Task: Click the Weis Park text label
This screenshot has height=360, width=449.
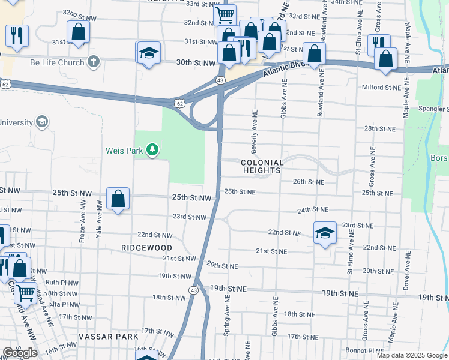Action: tap(124, 151)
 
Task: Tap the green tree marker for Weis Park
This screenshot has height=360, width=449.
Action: tap(153, 149)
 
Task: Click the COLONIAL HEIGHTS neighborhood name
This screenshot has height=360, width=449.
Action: tap(262, 167)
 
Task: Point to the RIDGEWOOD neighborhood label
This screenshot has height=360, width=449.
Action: tap(146, 248)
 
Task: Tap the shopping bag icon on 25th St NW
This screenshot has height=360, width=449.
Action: tap(118, 199)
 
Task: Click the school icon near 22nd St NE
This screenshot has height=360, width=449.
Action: tap(325, 233)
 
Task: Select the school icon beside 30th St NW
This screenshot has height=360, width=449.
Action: tap(148, 53)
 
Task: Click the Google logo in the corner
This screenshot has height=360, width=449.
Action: tap(20, 353)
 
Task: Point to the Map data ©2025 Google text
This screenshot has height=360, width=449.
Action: tap(412, 355)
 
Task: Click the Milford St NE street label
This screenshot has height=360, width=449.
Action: tap(381, 88)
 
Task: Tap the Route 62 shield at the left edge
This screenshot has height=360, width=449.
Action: tap(5, 85)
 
